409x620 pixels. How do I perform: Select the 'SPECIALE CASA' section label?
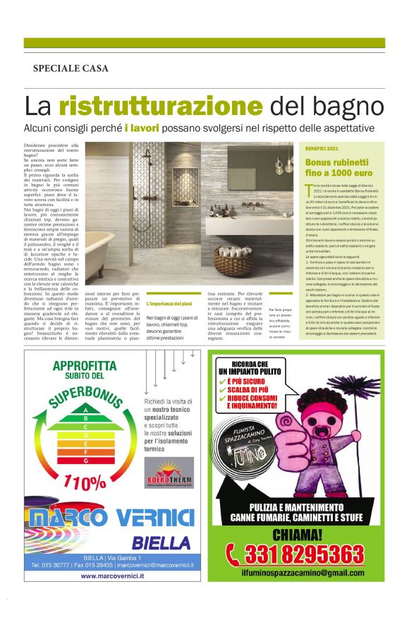71,68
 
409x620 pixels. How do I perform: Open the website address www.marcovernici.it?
112,576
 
